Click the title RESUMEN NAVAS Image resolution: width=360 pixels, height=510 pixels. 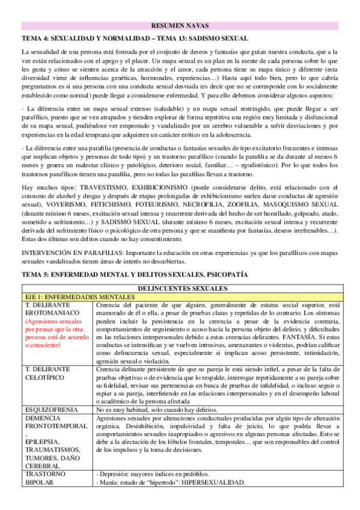click(180, 26)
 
